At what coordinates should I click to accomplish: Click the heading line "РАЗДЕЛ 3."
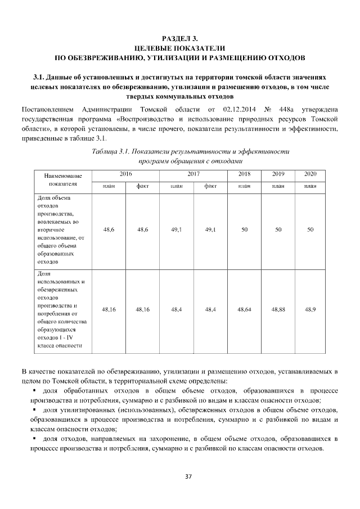click(x=179, y=38)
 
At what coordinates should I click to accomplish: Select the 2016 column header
click(x=125, y=174)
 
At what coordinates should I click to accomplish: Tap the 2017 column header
click(x=193, y=174)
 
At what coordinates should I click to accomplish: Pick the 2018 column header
click(x=244, y=174)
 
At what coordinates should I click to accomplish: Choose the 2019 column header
click(x=278, y=174)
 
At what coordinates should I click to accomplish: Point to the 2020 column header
click(x=310, y=174)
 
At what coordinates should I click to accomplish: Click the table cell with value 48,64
click(x=244, y=309)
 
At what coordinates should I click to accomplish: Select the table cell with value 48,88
click(x=278, y=309)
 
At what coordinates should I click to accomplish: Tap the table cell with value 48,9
click(x=310, y=309)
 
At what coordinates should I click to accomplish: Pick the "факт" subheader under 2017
click(x=211, y=185)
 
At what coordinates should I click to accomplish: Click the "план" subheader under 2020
click(x=310, y=185)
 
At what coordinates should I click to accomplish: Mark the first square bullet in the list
click(x=35, y=391)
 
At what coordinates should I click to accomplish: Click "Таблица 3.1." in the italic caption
click(x=112, y=152)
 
